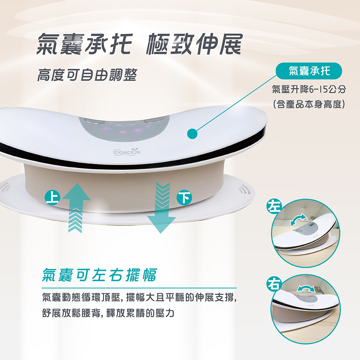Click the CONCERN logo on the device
tap(127, 152)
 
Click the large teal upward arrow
tap(76, 208)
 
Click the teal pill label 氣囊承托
tap(309, 71)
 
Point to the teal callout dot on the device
tap(192, 134)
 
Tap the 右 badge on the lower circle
tap(274, 284)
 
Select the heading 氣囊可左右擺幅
tap(100, 275)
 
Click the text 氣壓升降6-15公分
tap(309, 89)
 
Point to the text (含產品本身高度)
tap(309, 104)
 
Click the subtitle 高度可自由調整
tap(87, 75)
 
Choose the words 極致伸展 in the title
tap(194, 44)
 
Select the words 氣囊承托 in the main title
tap(85, 44)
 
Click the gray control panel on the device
tap(124, 129)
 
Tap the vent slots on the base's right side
tap(244, 190)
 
